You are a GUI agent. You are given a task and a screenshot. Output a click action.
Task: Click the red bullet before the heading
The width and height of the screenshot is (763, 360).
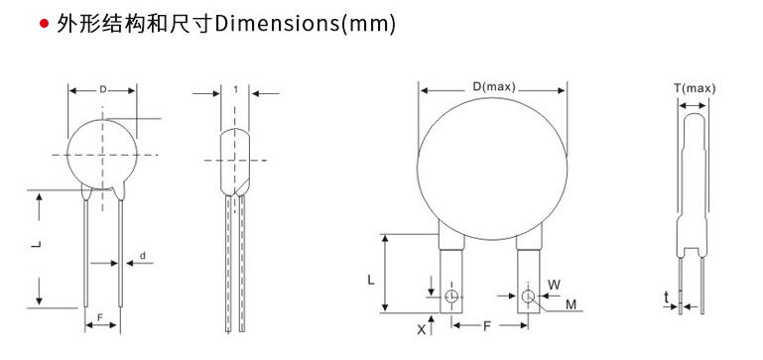click(x=45, y=24)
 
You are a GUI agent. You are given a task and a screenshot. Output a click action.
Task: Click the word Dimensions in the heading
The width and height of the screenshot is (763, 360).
click(x=278, y=24)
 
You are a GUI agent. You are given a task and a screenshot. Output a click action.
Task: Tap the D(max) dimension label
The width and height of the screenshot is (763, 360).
click(x=493, y=87)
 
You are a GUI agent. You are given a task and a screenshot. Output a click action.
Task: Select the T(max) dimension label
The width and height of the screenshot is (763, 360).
click(x=695, y=88)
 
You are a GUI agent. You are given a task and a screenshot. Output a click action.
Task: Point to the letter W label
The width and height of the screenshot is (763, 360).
click(x=554, y=285)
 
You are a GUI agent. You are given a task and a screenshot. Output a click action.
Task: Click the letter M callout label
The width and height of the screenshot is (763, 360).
click(x=571, y=305)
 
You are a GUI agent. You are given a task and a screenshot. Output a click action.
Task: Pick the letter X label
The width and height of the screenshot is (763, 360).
click(x=422, y=329)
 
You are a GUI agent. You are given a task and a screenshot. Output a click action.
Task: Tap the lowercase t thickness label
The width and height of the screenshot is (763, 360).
click(x=666, y=298)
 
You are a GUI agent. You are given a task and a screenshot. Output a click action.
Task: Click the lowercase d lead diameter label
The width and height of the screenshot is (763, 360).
click(x=143, y=256)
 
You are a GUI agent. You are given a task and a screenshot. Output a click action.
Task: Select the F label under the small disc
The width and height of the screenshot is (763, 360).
click(x=100, y=317)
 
